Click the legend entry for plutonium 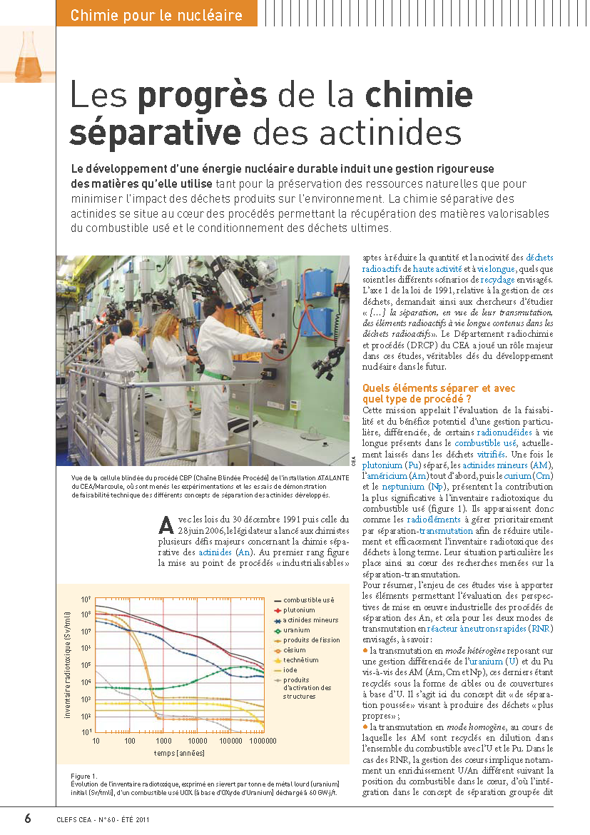[x=299, y=610]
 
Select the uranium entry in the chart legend [x=296, y=630]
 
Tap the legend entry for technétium [x=300, y=660]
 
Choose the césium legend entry [x=294, y=650]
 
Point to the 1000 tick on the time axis [x=164, y=741]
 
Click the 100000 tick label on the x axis [x=231, y=741]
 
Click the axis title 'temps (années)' [x=179, y=753]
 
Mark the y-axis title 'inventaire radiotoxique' [x=66, y=663]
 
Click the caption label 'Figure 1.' [x=84, y=775]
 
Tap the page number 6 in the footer [x=28, y=819]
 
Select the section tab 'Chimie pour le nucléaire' [x=156, y=15]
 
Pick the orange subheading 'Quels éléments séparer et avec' [x=439, y=388]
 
